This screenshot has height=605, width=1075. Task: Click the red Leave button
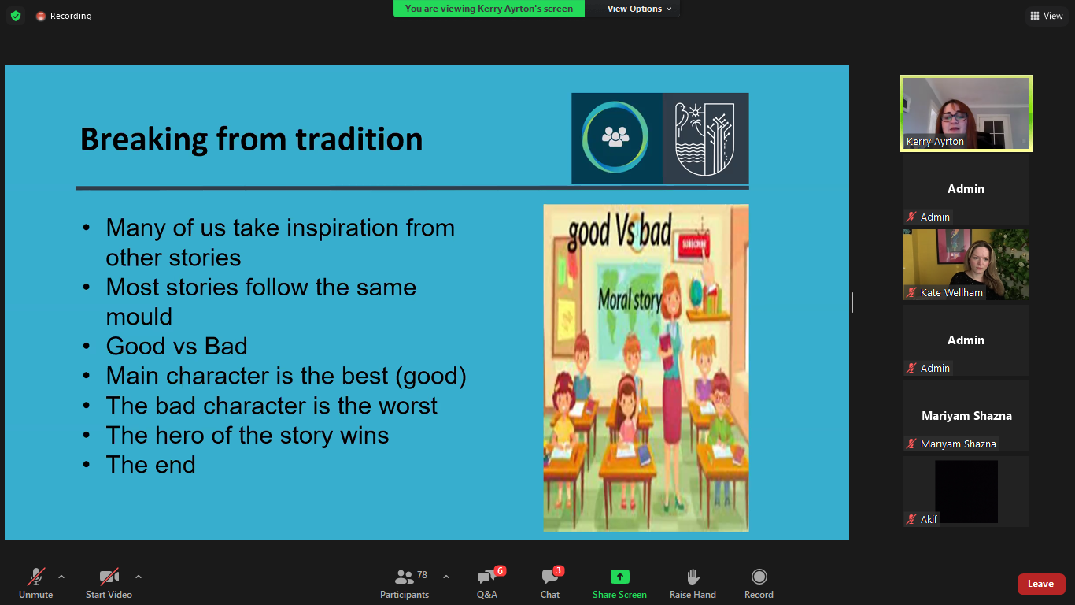tap(1040, 584)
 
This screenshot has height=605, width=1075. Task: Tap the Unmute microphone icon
tap(36, 576)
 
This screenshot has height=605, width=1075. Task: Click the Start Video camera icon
tap(109, 576)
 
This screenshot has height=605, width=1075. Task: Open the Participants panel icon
tap(404, 576)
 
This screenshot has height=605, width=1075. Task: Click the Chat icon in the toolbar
tap(550, 576)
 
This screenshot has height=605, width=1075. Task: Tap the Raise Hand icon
tap(693, 576)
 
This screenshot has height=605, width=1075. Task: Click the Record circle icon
tap(759, 576)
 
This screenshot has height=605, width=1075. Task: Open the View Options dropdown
tap(639, 9)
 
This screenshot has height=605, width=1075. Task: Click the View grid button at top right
tap(1046, 16)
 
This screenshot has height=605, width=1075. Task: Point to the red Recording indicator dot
tap(41, 16)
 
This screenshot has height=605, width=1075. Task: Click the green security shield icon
tap(16, 16)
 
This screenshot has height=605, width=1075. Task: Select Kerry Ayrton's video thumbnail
tap(966, 113)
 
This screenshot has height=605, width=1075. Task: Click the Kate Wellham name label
tap(951, 292)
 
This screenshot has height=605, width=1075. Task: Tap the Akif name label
tap(929, 519)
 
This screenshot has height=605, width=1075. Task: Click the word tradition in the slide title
tap(359, 139)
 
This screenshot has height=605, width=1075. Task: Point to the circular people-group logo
tap(615, 137)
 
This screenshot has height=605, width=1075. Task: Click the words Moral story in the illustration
tap(630, 300)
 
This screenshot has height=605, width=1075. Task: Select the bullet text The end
tap(150, 465)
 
